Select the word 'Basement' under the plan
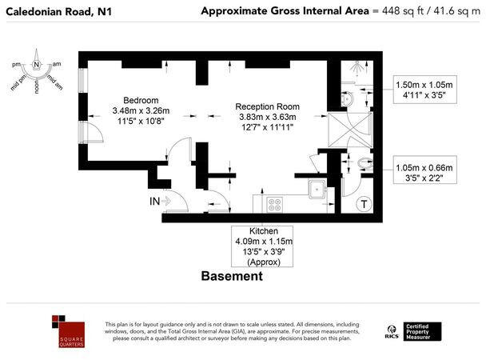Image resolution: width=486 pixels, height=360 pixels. [231, 276]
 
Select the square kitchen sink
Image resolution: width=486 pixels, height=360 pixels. [317, 190]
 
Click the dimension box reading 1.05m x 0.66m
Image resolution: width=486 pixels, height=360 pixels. [425, 173]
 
